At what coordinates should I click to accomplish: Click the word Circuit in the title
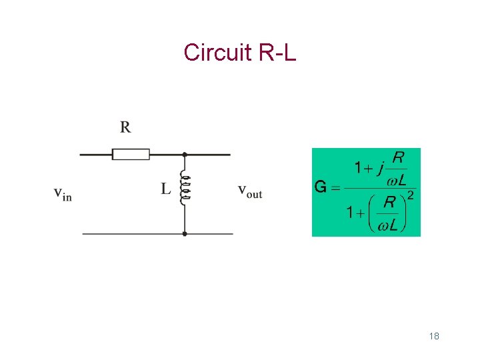[x=214, y=52]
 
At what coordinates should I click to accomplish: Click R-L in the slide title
[x=275, y=52]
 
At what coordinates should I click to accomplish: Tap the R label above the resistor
[x=125, y=127]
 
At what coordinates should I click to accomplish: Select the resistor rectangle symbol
[x=131, y=155]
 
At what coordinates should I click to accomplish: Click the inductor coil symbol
[x=185, y=187]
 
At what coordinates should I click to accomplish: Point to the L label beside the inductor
[x=165, y=189]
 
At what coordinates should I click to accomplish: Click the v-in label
[x=63, y=194]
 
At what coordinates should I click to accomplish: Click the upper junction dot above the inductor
[x=185, y=155]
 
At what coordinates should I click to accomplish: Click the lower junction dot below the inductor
[x=185, y=234]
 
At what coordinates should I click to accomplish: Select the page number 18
[x=434, y=336]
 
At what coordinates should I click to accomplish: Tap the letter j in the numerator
[x=380, y=167]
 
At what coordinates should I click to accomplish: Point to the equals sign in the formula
[x=335, y=187]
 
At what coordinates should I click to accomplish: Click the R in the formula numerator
[x=397, y=157]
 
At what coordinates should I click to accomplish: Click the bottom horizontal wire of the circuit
[x=133, y=234]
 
